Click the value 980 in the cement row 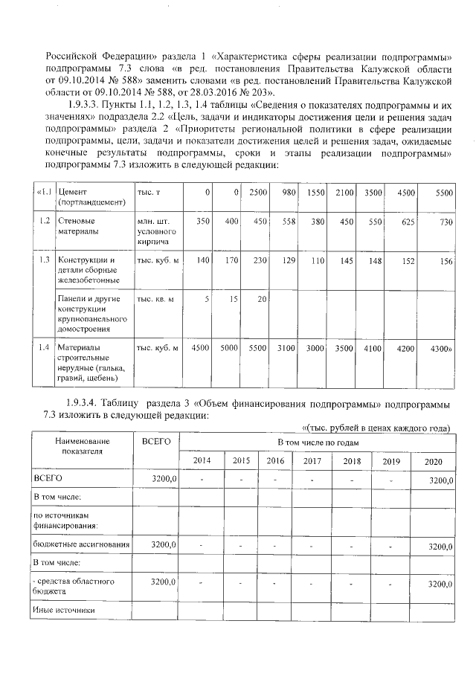pyautogui.click(x=288, y=193)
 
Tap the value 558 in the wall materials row pyautogui.click(x=287, y=222)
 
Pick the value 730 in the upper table pyautogui.click(x=444, y=222)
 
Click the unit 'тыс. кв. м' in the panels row pyautogui.click(x=155, y=299)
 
